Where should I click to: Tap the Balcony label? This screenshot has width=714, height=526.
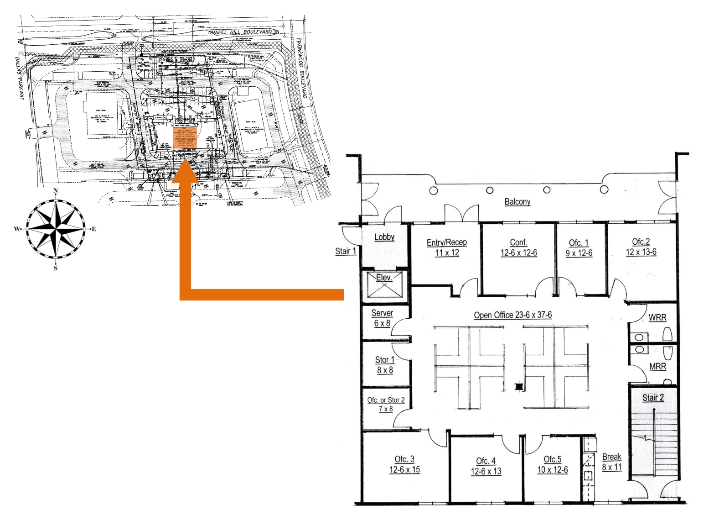517,201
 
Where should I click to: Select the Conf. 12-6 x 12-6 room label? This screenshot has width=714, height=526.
518,247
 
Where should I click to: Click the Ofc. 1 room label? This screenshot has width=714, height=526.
579,247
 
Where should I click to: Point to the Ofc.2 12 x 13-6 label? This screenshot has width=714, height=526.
641,247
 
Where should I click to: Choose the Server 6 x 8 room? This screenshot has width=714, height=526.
382,318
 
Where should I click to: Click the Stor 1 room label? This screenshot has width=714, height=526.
385,365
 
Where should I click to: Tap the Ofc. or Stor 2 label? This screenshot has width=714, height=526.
386,404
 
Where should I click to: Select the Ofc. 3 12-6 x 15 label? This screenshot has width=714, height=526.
404,464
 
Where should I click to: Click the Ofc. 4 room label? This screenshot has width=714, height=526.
486,466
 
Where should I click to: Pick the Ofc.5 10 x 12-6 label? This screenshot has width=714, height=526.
552,464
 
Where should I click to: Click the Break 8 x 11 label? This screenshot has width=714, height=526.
611,462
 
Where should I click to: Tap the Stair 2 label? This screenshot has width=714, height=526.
653,398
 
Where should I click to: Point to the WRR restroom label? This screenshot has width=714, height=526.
657,317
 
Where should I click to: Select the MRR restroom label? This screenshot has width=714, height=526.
657,366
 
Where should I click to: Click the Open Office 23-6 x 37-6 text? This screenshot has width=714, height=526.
512,315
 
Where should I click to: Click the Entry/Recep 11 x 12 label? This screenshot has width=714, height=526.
446,247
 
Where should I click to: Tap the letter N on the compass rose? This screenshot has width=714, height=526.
56,191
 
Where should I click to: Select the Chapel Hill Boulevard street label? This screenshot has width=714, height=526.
240,32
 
